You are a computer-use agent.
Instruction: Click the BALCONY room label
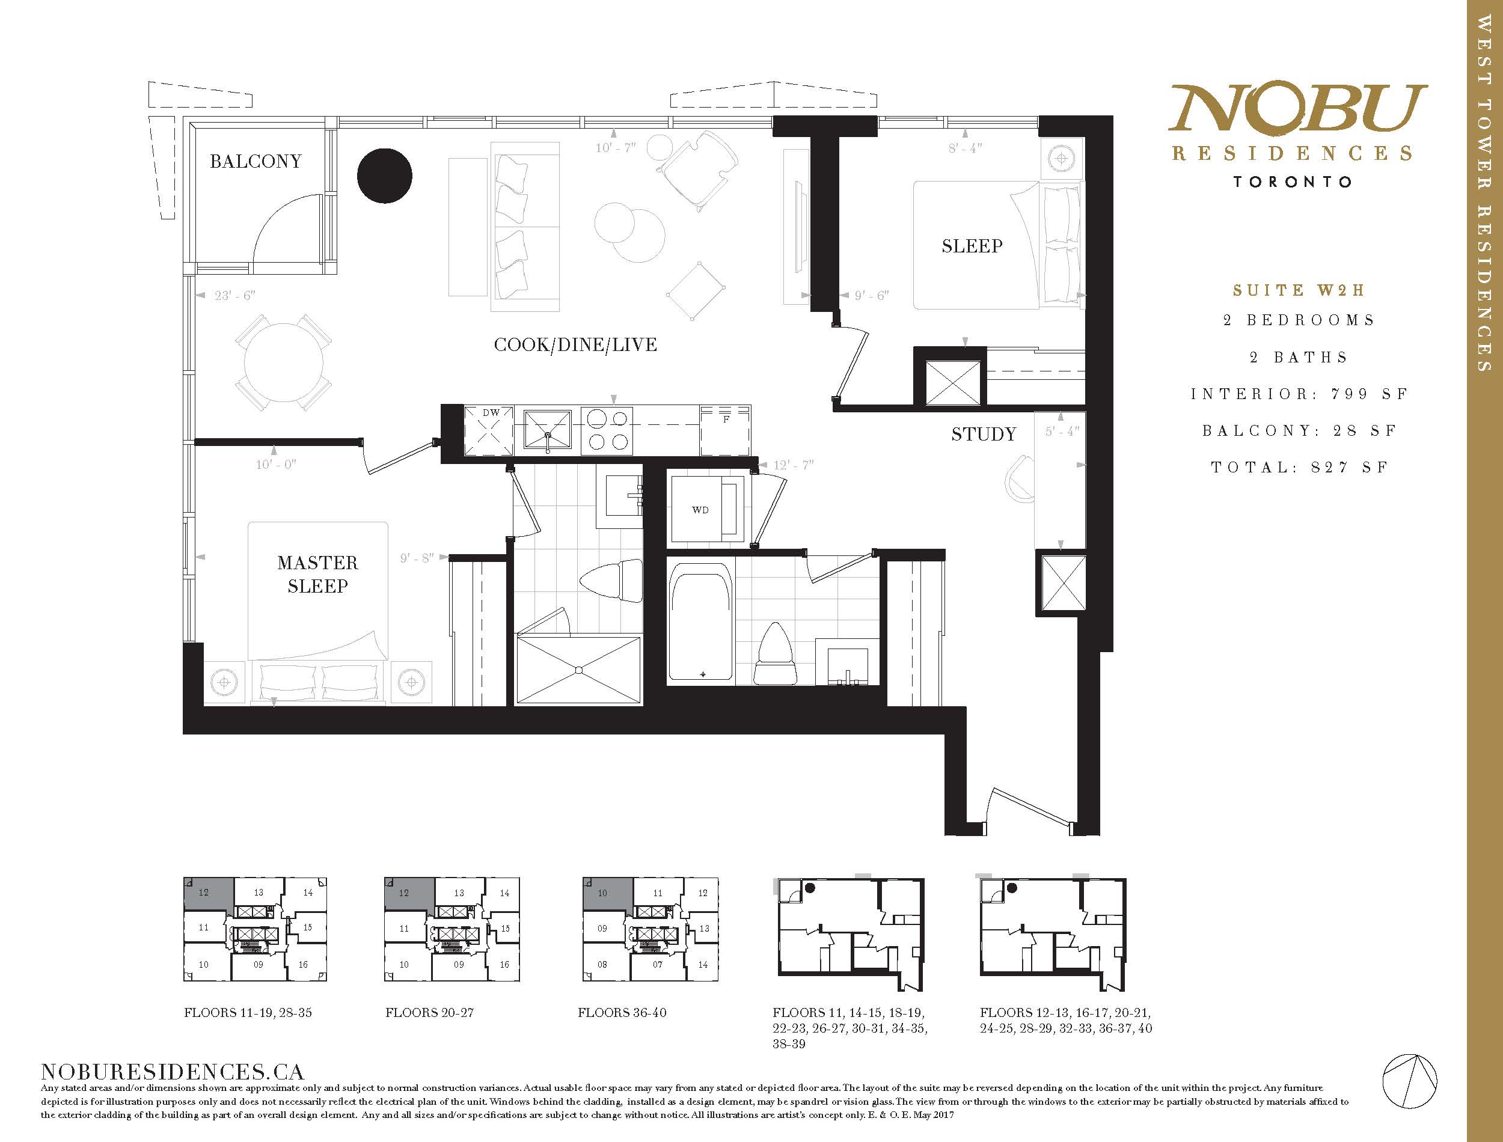click(x=256, y=161)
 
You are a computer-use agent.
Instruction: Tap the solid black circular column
click(x=385, y=176)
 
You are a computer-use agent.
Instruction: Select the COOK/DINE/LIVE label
click(x=576, y=344)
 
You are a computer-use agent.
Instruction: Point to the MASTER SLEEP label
click(x=317, y=575)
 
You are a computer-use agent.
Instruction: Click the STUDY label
click(x=984, y=434)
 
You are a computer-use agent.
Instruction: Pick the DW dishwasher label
click(x=491, y=412)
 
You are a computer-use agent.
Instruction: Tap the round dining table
click(x=284, y=362)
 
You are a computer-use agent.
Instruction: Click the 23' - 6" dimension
click(x=235, y=296)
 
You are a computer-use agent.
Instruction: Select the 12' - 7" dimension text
click(x=794, y=465)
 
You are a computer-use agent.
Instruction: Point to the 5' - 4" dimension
click(x=1061, y=431)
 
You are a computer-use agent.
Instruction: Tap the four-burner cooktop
click(x=608, y=430)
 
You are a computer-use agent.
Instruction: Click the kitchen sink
click(x=548, y=430)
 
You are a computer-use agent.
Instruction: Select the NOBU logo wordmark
click(x=1297, y=108)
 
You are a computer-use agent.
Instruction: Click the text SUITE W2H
click(x=1299, y=290)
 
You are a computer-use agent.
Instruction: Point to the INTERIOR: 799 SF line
click(x=1299, y=394)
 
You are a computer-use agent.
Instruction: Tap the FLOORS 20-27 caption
click(x=430, y=1012)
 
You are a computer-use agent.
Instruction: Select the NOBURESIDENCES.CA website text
click(x=173, y=1072)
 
